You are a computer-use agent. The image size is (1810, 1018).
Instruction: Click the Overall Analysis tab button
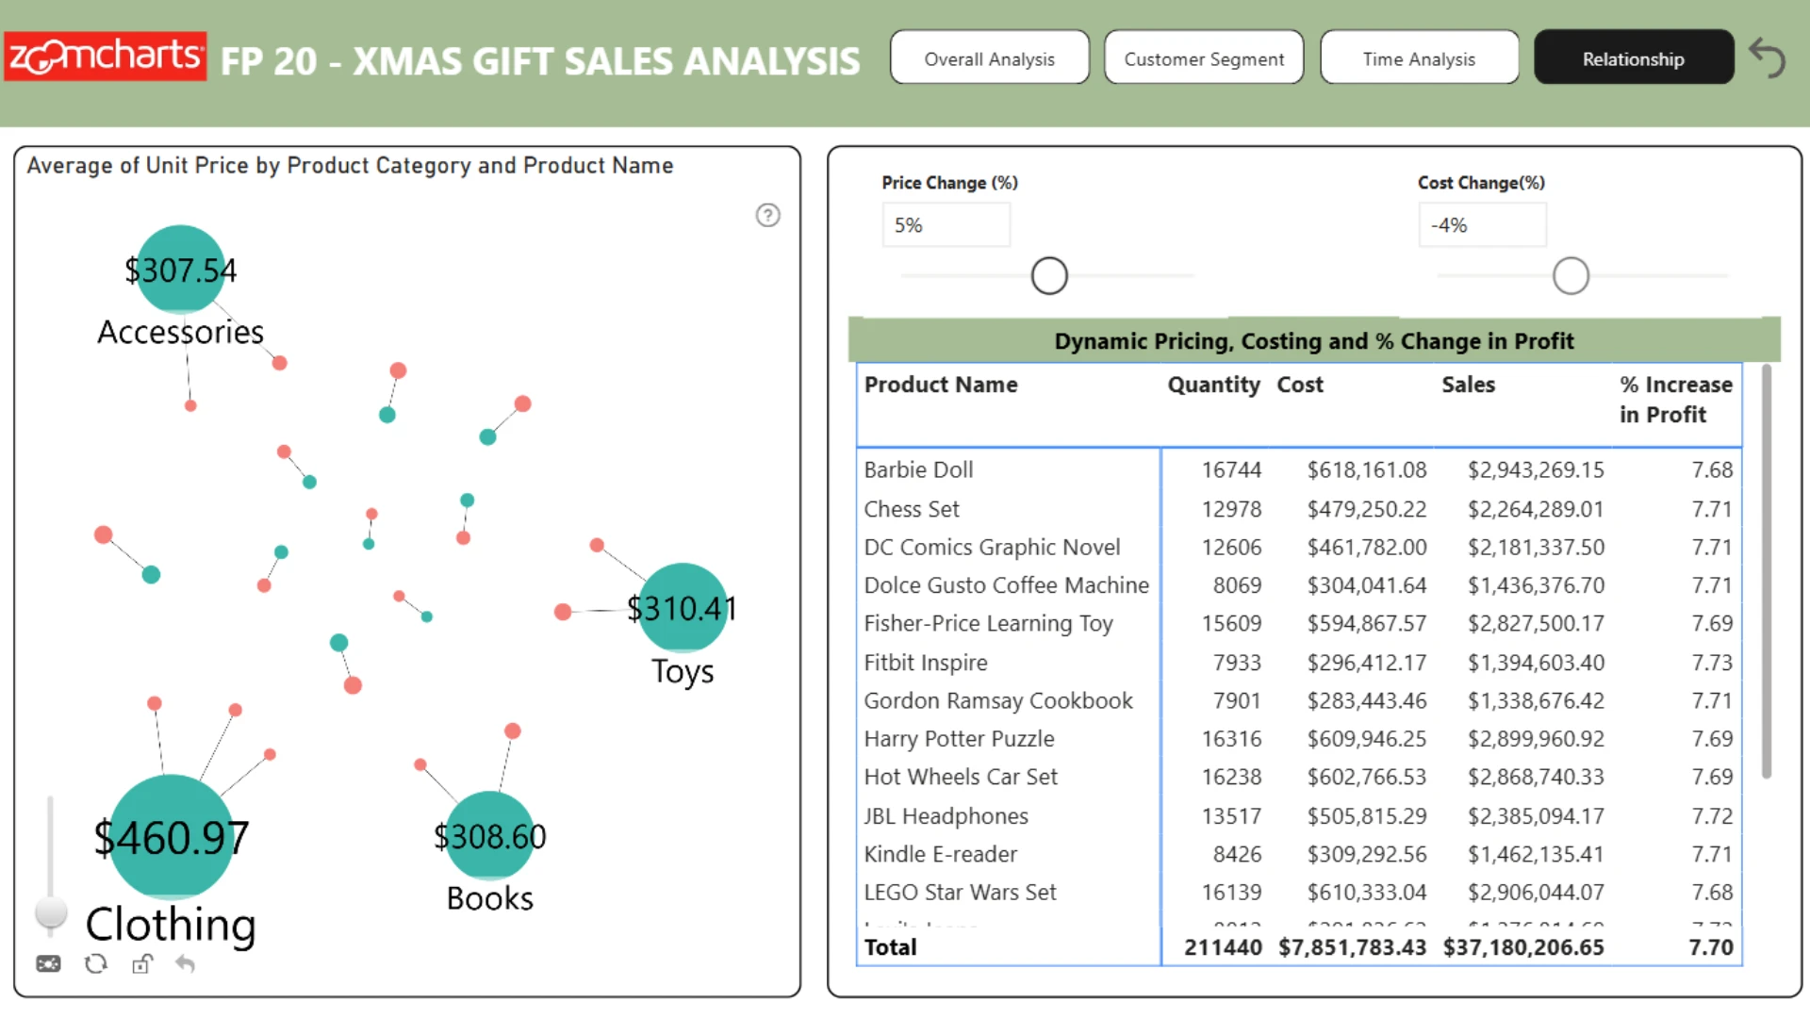click(x=990, y=57)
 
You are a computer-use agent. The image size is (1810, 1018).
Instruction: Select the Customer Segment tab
click(x=1204, y=57)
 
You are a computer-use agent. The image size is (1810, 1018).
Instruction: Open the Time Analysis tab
click(x=1419, y=57)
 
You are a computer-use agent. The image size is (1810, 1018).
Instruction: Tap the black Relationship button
click(x=1634, y=57)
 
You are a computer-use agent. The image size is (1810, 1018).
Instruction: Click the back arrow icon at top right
click(x=1768, y=58)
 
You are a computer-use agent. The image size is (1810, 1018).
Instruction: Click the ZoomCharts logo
click(x=106, y=57)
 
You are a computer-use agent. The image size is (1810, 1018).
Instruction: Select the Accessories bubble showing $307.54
click(x=181, y=270)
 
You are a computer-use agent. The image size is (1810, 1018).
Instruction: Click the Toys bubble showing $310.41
click(x=683, y=608)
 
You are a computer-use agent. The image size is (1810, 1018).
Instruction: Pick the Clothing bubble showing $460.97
click(x=172, y=837)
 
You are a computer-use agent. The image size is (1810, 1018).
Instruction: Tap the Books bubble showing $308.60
click(x=489, y=836)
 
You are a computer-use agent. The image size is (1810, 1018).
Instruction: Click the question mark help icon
click(x=768, y=216)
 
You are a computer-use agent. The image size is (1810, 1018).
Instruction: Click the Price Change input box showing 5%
click(x=946, y=225)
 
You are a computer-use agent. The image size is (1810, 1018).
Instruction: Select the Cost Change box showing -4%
click(x=1483, y=225)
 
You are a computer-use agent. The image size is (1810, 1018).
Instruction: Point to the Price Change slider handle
click(x=1049, y=276)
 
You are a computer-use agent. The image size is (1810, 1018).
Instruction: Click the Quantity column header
click(x=1214, y=385)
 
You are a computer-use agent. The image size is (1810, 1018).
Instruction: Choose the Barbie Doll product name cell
click(x=919, y=469)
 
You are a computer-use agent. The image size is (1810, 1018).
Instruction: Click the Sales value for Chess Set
click(x=1536, y=509)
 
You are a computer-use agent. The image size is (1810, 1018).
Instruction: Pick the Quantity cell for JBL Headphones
click(x=1231, y=816)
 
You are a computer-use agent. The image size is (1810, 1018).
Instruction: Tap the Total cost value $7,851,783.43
click(x=1353, y=947)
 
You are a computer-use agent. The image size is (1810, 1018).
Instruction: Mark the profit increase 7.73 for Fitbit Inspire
click(x=1712, y=663)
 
